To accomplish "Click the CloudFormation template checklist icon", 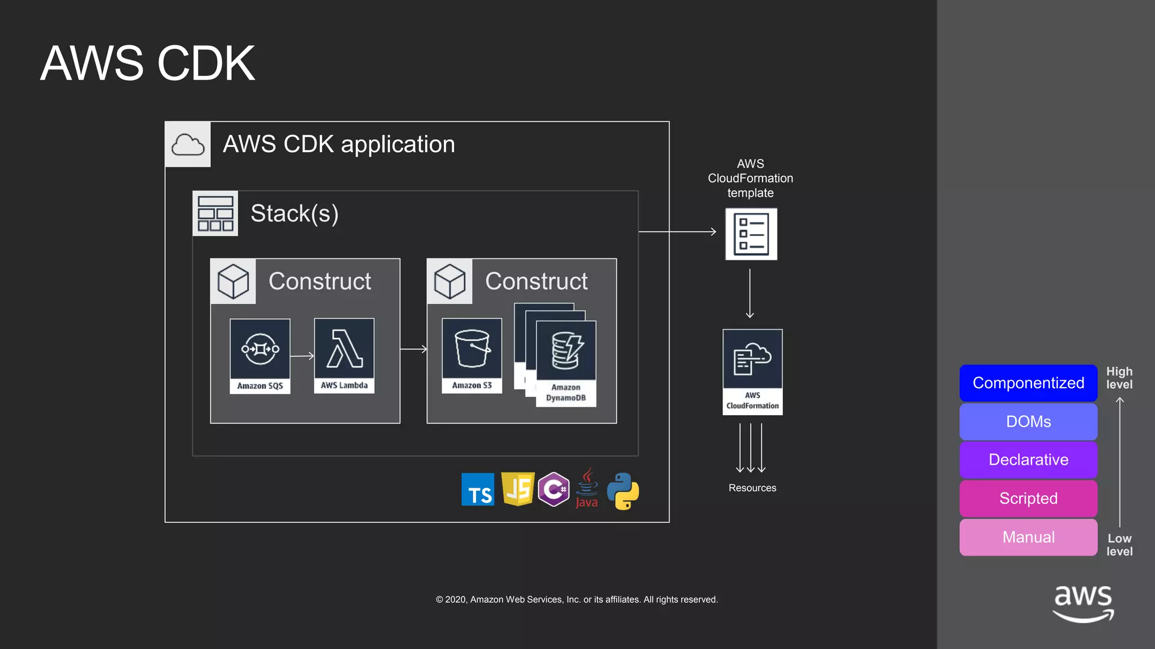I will [x=751, y=234].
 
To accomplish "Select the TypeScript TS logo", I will [x=478, y=490].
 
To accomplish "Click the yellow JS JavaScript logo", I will [x=518, y=489].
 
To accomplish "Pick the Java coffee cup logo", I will [x=587, y=488].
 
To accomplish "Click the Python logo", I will [x=623, y=491].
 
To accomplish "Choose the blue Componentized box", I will [x=1028, y=383].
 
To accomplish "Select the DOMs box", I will [x=1028, y=421].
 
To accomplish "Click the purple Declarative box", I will [x=1028, y=460].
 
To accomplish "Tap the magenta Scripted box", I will [x=1028, y=499].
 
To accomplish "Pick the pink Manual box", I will [x=1028, y=537].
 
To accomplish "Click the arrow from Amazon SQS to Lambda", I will [x=302, y=356].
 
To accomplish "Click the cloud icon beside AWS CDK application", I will [x=188, y=145].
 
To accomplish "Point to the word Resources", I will [x=752, y=488].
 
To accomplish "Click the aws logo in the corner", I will [x=1083, y=603].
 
